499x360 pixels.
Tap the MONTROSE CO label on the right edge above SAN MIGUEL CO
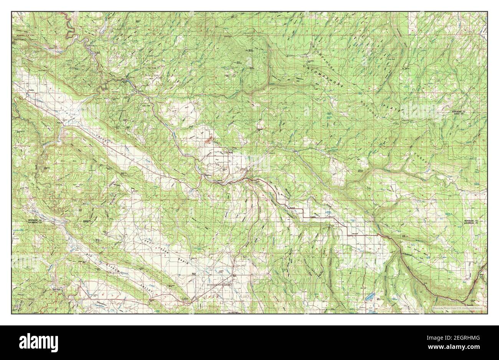point(470,221)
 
